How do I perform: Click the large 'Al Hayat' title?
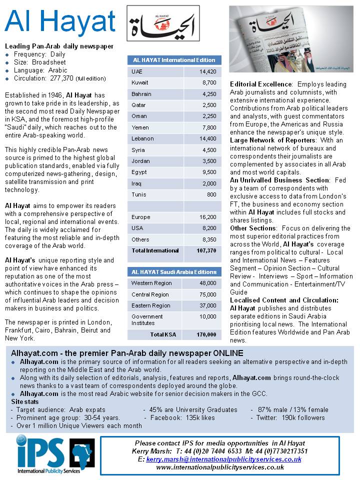pyautogui.click(x=60, y=22)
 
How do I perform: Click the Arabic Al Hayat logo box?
pyautogui.click(x=162, y=23)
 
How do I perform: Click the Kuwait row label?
pyautogui.click(x=139, y=82)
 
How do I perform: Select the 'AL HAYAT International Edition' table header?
pyautogui.click(x=174, y=60)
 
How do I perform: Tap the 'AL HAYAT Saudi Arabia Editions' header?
pyautogui.click(x=174, y=272)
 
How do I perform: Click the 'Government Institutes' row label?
pyautogui.click(x=147, y=319)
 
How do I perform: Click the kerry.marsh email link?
pyautogui.click(x=223, y=459)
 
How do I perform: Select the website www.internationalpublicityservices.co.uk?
pyautogui.click(x=220, y=467)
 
